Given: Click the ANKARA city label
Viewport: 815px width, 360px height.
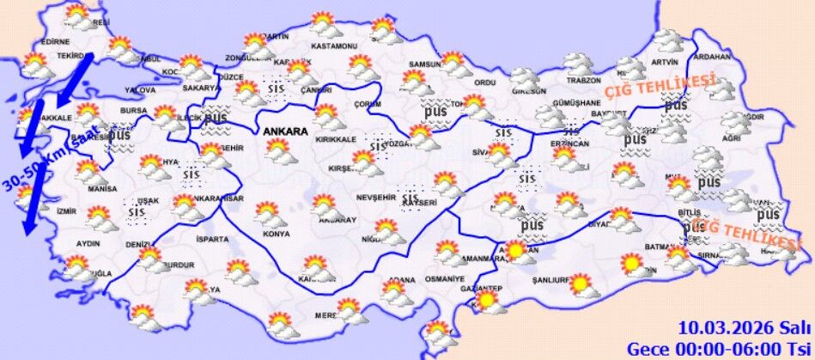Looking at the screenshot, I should [x=286, y=132].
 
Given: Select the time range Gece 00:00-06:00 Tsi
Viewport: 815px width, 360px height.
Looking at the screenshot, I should [x=719, y=348].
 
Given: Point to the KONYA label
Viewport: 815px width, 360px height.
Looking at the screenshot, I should [x=277, y=234].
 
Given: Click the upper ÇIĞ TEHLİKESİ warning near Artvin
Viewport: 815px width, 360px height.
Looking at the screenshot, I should [x=660, y=84].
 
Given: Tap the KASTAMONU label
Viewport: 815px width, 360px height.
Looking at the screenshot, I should [x=333, y=45].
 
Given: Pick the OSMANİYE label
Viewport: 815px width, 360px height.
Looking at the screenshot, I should [x=445, y=279].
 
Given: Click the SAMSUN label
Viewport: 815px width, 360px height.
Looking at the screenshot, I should [x=424, y=64].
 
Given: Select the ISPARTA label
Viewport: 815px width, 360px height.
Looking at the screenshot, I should [x=213, y=239].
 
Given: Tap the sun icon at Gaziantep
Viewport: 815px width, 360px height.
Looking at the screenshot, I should [x=487, y=301].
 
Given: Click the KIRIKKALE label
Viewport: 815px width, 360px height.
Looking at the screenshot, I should [x=337, y=139].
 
